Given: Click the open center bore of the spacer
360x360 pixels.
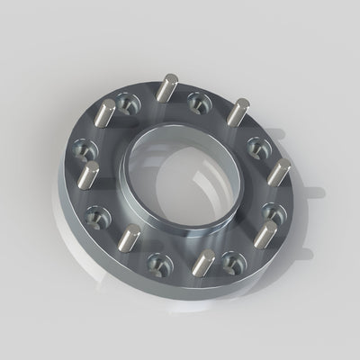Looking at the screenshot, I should pyautogui.click(x=181, y=179).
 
